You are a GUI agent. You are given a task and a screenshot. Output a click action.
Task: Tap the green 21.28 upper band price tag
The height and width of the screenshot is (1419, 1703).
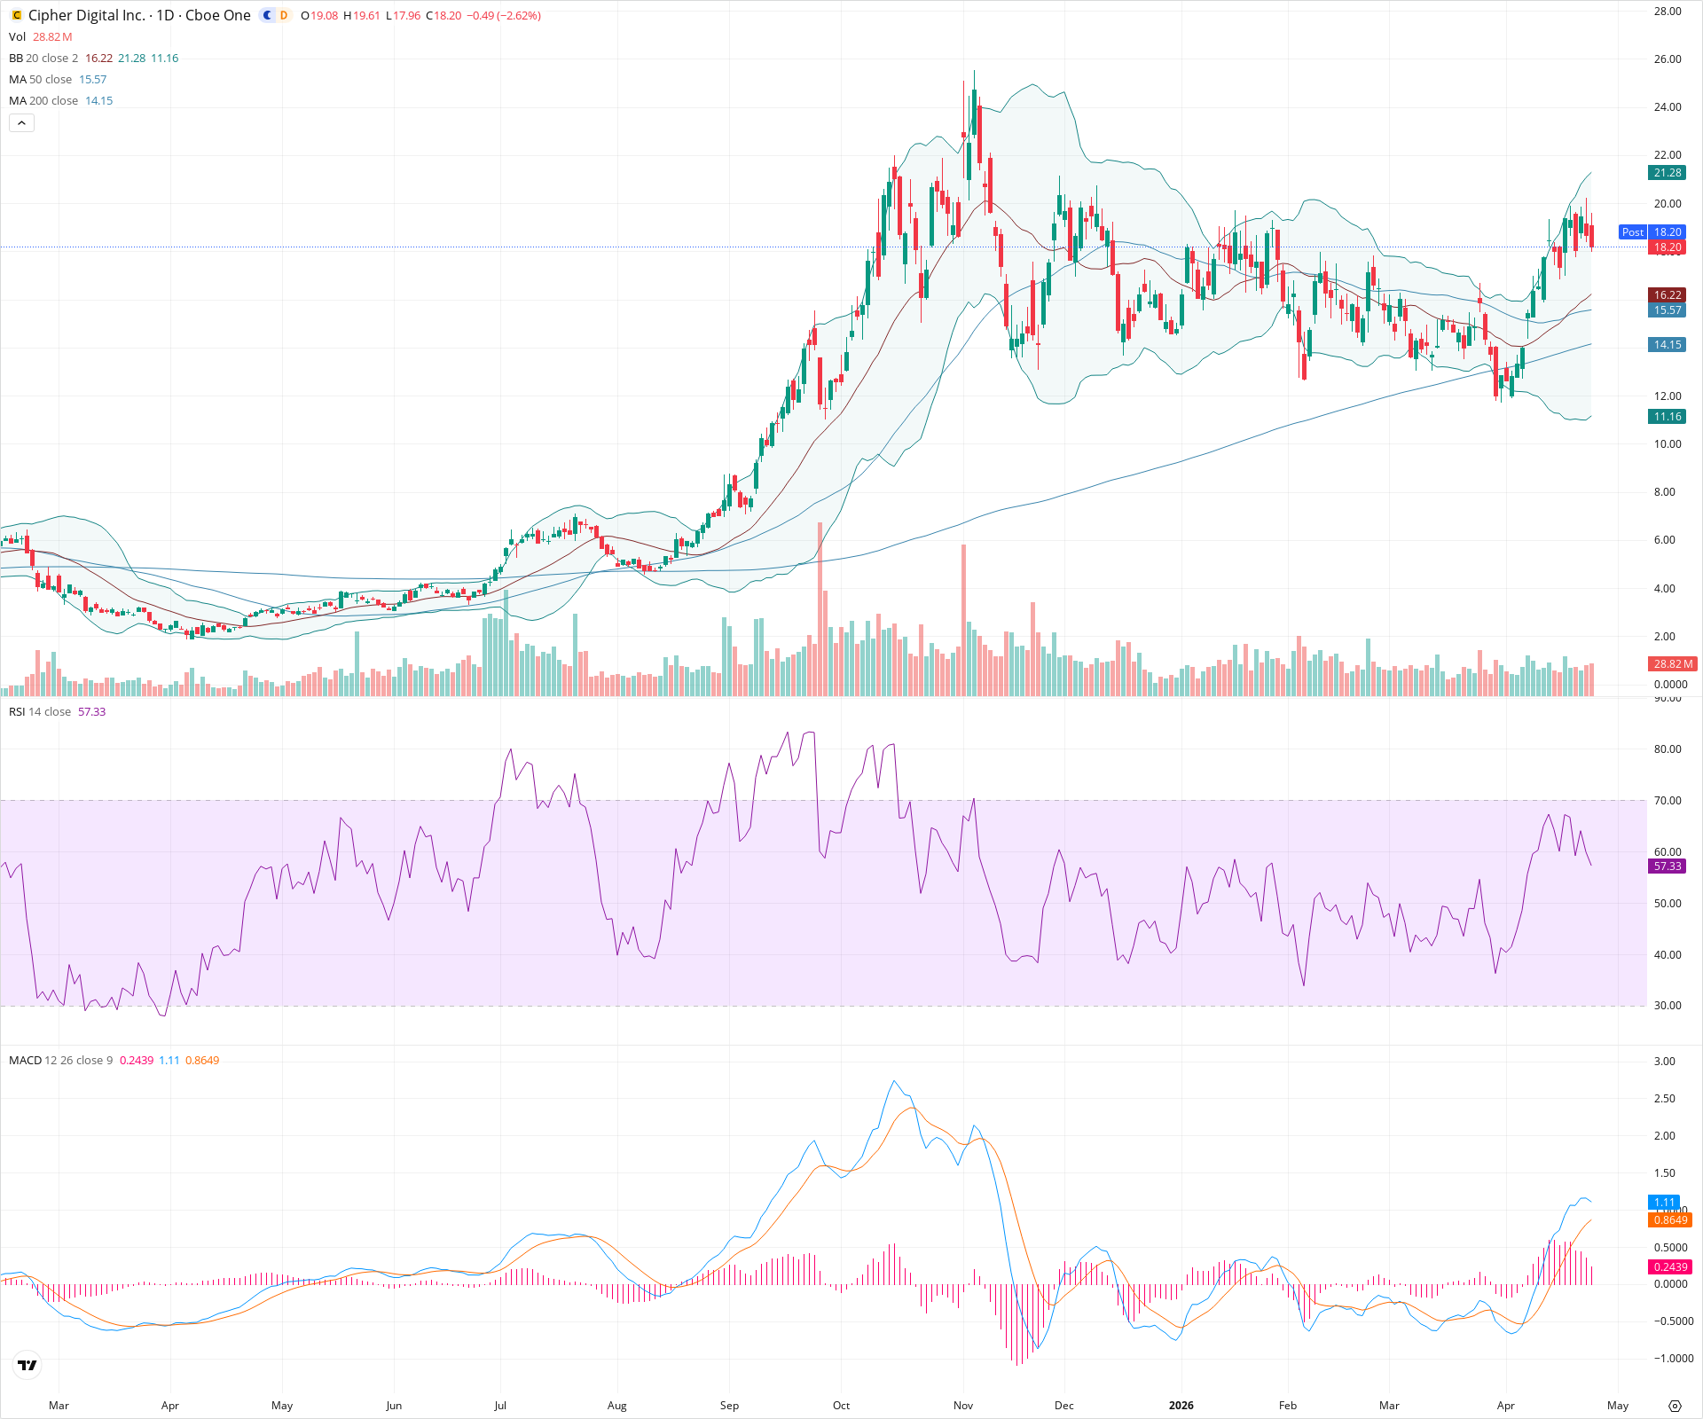click(1667, 173)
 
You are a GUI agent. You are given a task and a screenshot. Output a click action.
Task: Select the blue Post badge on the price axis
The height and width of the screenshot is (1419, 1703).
click(1632, 232)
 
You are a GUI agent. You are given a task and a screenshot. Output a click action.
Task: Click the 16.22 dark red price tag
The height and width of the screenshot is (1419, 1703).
click(1667, 295)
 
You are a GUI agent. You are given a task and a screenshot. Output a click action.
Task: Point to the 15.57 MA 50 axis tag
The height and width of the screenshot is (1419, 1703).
click(1667, 310)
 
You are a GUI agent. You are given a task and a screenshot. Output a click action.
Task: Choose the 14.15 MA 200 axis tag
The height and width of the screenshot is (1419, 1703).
click(1667, 345)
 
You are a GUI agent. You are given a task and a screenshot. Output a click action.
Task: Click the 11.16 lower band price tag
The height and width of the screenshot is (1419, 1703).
click(1667, 417)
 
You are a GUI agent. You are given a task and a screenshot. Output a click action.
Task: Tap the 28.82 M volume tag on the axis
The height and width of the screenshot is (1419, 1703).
click(1672, 663)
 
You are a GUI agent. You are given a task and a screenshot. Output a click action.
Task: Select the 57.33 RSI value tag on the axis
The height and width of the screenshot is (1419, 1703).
click(1667, 866)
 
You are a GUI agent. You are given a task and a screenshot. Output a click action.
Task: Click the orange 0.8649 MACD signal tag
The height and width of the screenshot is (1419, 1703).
click(1669, 1220)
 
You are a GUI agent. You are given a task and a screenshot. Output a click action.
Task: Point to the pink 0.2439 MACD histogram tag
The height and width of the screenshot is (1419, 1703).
click(1669, 1267)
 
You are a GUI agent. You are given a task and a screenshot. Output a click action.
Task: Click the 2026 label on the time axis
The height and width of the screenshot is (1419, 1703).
click(1181, 1406)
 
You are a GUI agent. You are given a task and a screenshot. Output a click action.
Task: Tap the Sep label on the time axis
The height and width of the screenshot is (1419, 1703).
click(729, 1406)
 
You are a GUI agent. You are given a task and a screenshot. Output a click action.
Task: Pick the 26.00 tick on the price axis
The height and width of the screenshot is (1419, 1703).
click(1668, 59)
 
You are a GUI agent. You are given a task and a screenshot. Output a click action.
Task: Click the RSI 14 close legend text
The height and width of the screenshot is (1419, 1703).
click(40, 712)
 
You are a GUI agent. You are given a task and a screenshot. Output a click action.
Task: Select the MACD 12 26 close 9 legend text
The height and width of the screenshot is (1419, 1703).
click(60, 1061)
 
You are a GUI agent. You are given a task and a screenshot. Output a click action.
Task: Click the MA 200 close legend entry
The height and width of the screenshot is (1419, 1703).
click(43, 101)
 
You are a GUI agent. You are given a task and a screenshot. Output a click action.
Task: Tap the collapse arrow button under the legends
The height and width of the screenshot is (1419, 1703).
click(21, 123)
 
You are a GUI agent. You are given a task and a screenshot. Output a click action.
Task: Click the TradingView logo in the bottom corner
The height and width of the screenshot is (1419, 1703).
click(27, 1365)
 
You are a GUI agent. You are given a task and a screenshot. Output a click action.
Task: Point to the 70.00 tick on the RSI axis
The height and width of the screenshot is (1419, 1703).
click(1668, 801)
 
